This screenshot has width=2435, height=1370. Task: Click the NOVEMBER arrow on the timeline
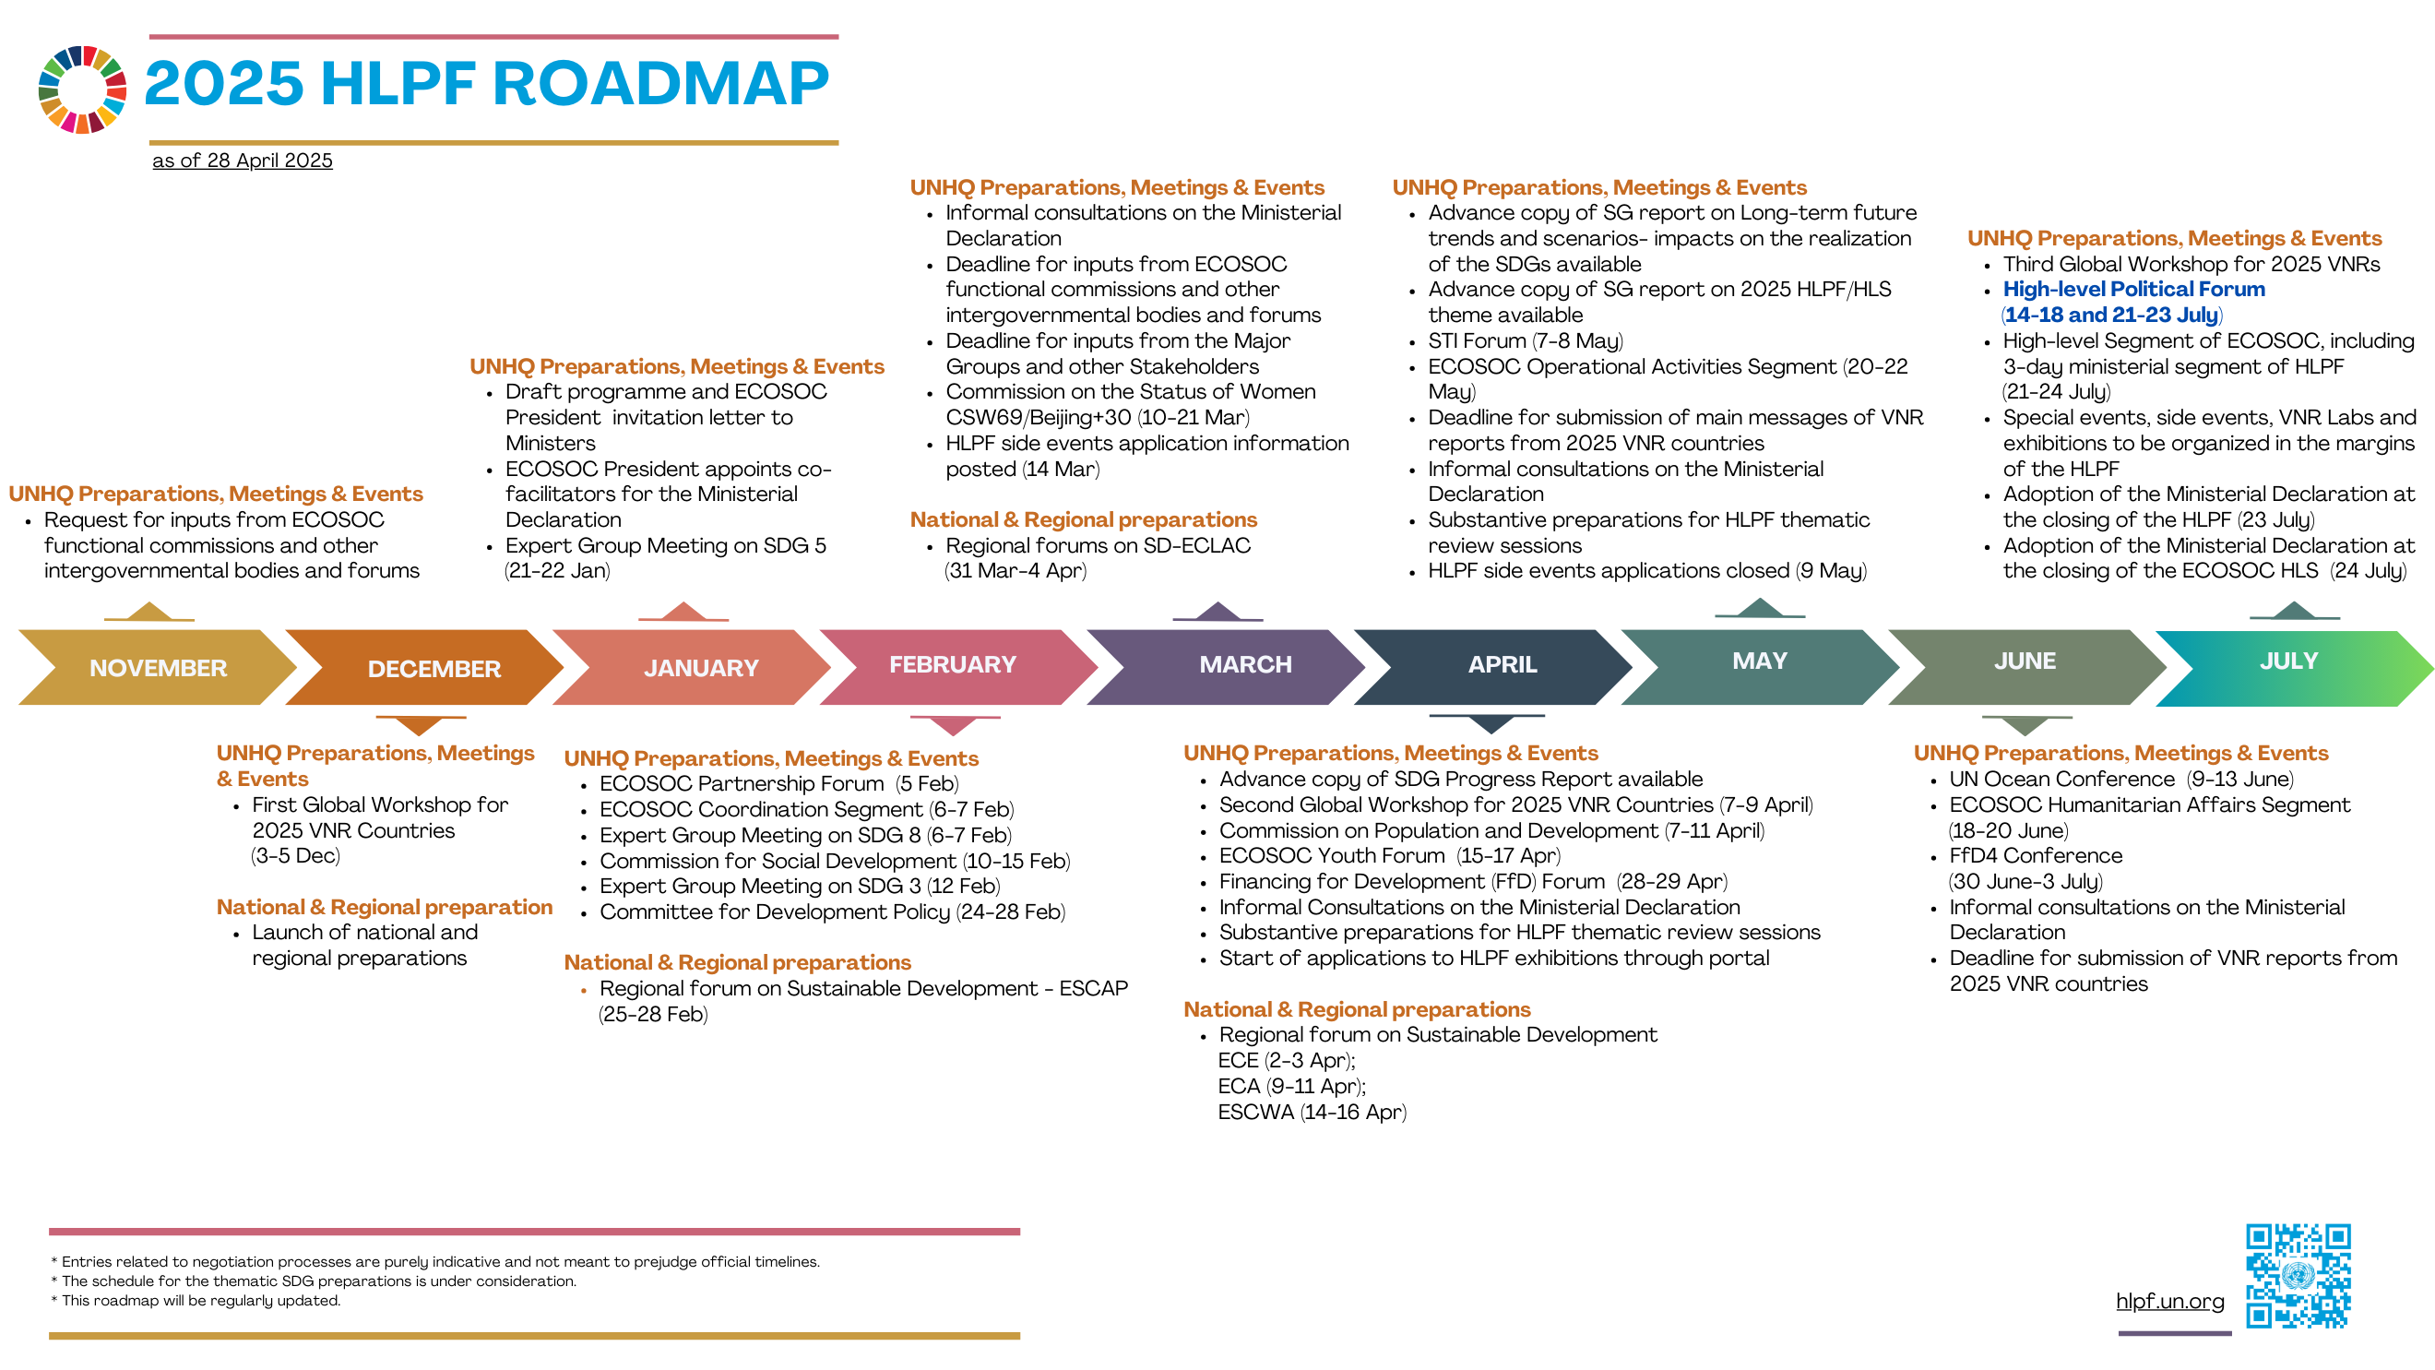pyautogui.click(x=157, y=668)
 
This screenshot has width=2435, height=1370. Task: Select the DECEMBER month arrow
pyautogui.click(x=424, y=668)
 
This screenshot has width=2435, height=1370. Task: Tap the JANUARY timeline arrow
pyautogui.click(x=692, y=668)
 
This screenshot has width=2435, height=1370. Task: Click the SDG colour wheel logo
pyautogui.click(x=82, y=89)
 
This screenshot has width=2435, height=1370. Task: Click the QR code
pyautogui.click(x=2298, y=1276)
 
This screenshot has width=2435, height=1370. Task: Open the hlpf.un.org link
pyautogui.click(x=2169, y=1301)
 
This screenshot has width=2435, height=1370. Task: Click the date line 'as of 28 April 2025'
pyautogui.click(x=243, y=161)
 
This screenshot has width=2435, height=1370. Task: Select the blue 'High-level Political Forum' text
pyautogui.click(x=2134, y=290)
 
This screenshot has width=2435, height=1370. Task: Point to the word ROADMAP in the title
pyautogui.click(x=660, y=83)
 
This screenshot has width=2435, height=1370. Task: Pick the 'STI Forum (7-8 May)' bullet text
pyautogui.click(x=1526, y=340)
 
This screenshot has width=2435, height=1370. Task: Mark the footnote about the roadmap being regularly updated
pyautogui.click(x=196, y=1301)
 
